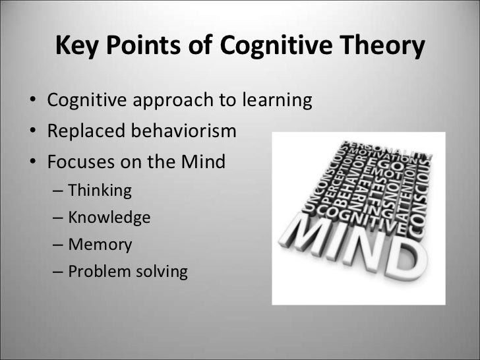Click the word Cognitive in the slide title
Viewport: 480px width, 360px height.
(270, 46)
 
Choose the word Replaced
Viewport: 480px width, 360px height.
(82, 132)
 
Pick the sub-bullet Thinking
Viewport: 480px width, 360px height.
(100, 191)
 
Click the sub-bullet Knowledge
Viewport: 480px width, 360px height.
(109, 217)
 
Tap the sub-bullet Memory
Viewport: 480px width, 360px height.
(100, 245)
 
